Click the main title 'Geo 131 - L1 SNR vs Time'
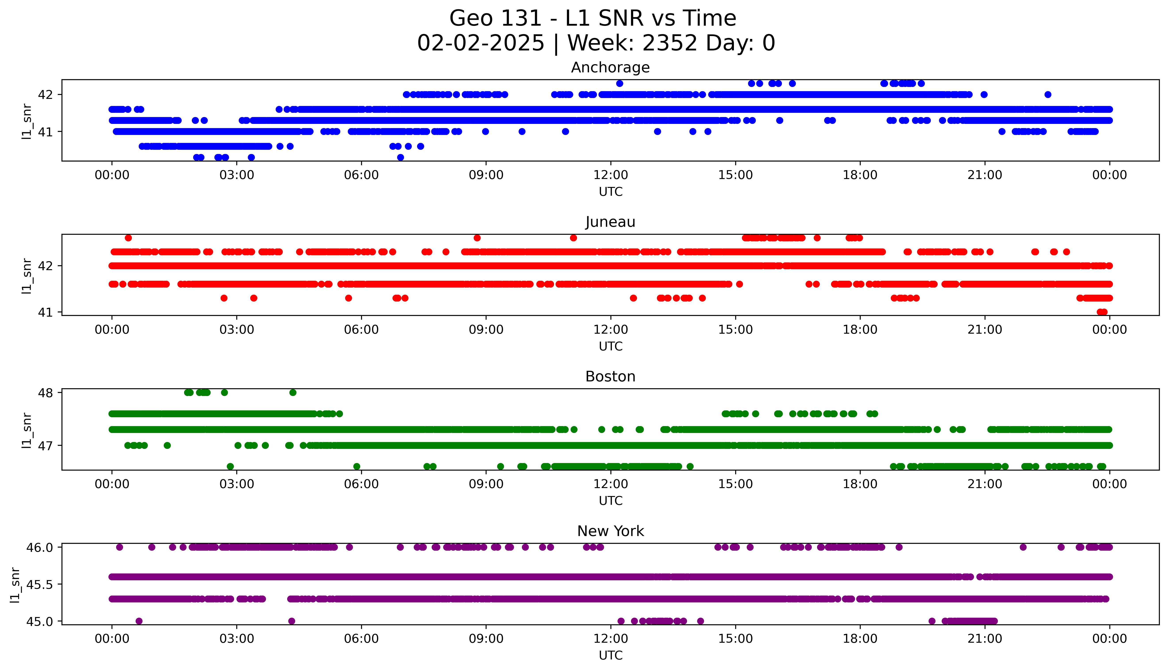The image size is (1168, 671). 593,18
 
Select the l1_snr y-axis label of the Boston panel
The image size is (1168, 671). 27,430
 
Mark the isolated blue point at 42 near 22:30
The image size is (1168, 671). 1048,94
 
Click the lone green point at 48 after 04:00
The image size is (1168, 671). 292,393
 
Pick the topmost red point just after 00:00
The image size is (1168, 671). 128,238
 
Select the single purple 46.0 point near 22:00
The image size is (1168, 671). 1023,547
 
